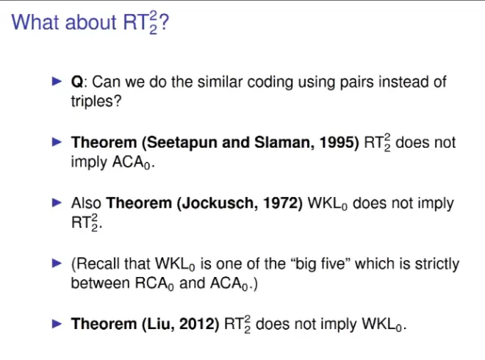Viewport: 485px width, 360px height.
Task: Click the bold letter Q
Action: point(77,82)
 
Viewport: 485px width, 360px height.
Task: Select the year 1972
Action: point(280,204)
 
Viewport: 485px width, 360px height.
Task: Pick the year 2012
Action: point(197,324)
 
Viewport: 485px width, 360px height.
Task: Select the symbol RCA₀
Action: point(154,284)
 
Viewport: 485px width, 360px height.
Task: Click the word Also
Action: point(86,204)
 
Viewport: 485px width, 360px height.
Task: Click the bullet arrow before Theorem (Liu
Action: point(57,324)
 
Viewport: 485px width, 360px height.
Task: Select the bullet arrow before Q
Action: point(57,82)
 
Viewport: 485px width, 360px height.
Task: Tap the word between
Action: point(100,283)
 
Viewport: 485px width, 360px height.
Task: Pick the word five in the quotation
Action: point(335,264)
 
